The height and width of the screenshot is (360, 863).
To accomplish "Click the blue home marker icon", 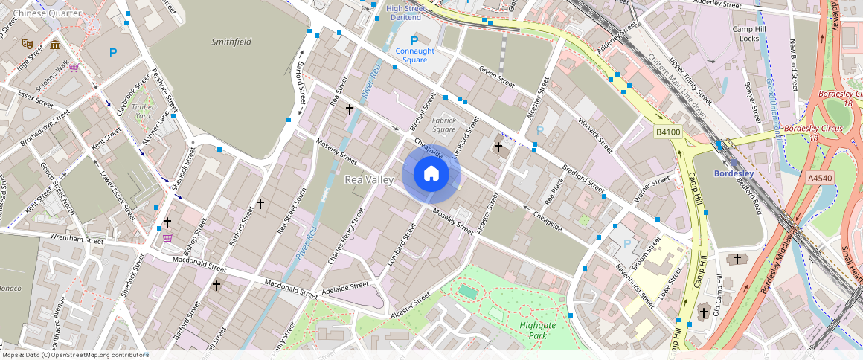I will click(x=431, y=174).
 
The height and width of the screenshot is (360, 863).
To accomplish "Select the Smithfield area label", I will click(x=231, y=42).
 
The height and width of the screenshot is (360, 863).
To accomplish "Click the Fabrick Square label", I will click(x=444, y=124).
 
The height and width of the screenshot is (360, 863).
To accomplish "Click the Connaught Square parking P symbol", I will click(x=415, y=40).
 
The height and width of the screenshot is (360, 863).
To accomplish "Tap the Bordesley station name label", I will click(x=734, y=174).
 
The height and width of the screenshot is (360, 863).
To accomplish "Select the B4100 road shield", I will click(x=667, y=132).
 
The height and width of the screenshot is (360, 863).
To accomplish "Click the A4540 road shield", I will click(x=819, y=178).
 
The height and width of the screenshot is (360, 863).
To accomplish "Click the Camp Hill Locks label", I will click(x=745, y=33).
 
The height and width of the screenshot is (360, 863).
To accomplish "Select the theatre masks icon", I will click(x=28, y=44).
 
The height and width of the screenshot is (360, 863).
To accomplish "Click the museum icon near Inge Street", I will click(x=55, y=45).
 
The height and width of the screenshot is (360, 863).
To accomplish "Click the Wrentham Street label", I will click(x=77, y=240).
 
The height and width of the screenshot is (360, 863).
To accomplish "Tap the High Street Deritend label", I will click(x=405, y=13).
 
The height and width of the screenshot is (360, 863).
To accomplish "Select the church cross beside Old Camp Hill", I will click(x=703, y=313).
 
